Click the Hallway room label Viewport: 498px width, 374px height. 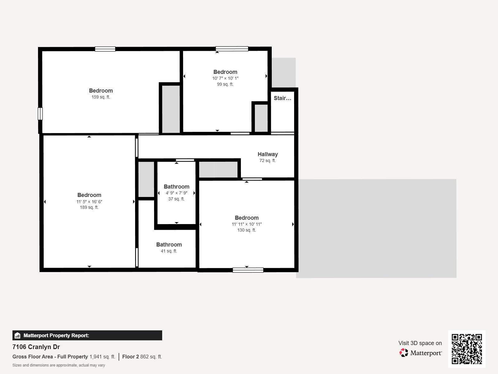(x=267, y=154)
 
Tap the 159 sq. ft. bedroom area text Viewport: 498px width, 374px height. (x=101, y=97)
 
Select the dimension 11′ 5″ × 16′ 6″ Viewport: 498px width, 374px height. (x=89, y=202)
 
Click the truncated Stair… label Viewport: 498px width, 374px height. (x=282, y=98)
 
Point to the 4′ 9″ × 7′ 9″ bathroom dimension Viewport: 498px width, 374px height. (x=176, y=193)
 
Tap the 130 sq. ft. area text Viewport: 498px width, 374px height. (x=247, y=230)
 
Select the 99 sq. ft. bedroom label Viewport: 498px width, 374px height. (x=225, y=84)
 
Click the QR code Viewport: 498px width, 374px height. (x=467, y=349)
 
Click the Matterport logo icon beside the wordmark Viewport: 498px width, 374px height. (x=404, y=353)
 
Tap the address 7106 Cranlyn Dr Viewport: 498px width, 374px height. (x=36, y=347)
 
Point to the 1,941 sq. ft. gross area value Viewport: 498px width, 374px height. (x=102, y=357)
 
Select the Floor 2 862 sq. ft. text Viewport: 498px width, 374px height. (x=142, y=357)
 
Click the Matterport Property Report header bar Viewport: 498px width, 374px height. (x=87, y=335)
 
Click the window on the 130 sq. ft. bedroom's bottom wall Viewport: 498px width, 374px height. (x=248, y=270)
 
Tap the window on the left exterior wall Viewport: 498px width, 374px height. (x=40, y=113)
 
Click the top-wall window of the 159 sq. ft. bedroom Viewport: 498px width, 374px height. (x=105, y=49)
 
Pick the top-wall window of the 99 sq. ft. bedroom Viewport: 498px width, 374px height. (x=232, y=49)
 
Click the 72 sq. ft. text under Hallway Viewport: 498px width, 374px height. (x=267, y=161)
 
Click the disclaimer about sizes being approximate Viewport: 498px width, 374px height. (x=59, y=365)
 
